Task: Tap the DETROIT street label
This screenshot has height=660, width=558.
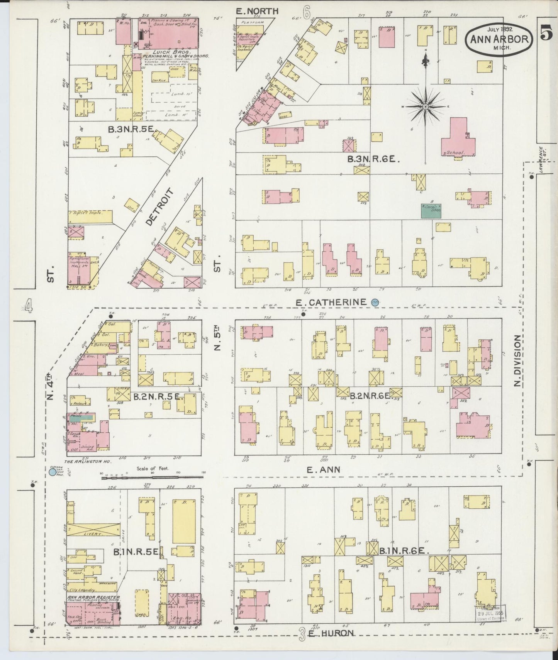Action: click(159, 207)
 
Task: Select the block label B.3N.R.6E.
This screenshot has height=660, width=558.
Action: click(373, 159)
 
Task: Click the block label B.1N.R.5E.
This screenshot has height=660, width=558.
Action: click(136, 552)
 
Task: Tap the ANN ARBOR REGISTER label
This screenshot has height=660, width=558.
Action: click(93, 598)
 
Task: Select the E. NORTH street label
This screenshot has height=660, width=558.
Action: click(257, 11)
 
